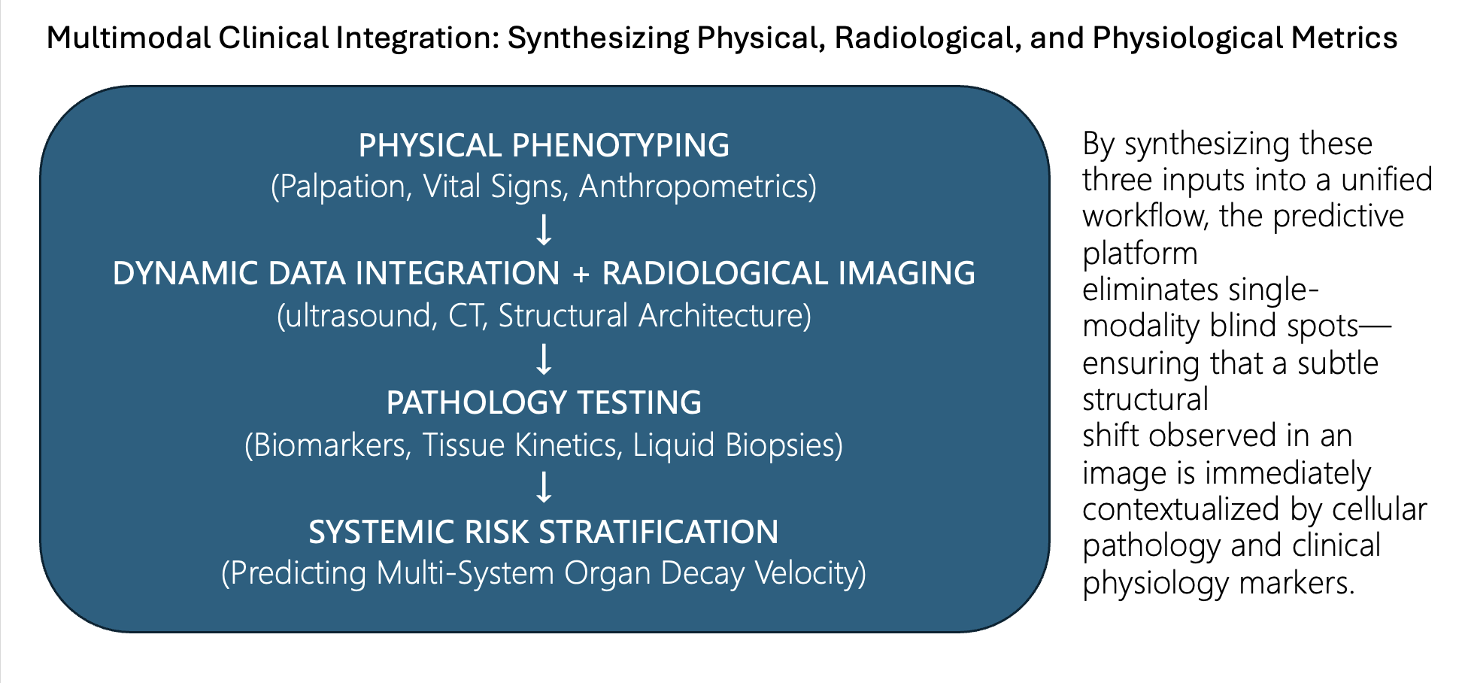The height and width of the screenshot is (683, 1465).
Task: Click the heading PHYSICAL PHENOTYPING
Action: [x=544, y=145]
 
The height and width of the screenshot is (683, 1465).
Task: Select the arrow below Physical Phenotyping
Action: [x=544, y=229]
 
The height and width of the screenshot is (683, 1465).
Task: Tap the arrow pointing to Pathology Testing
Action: [x=544, y=359]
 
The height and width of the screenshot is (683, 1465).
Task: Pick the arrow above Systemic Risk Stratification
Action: [x=544, y=487]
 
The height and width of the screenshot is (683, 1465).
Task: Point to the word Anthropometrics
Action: [x=693, y=187]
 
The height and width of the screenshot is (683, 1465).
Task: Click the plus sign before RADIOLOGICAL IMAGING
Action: [x=581, y=274]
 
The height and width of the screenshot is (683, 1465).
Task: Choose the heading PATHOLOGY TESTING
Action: [x=544, y=402]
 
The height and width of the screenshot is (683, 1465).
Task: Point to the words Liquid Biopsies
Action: [x=733, y=445]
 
